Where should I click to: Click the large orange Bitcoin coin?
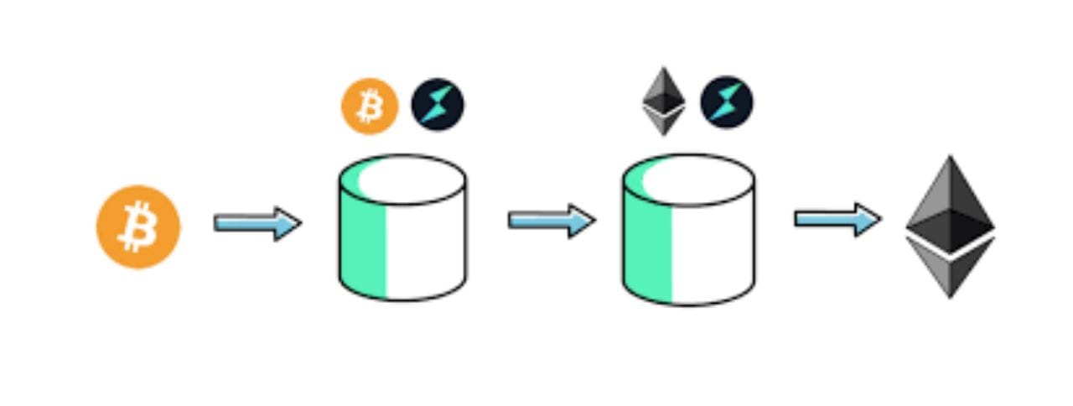pos(138,226)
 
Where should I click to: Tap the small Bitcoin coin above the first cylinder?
pos(369,107)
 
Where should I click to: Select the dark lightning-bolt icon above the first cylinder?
pos(437,105)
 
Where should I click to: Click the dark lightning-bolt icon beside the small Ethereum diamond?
pos(726,102)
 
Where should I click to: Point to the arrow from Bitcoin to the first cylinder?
pos(257,224)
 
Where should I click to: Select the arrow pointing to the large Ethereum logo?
pos(837,219)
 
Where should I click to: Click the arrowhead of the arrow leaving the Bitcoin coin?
pos(288,224)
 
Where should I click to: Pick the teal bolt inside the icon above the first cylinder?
pos(438,105)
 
